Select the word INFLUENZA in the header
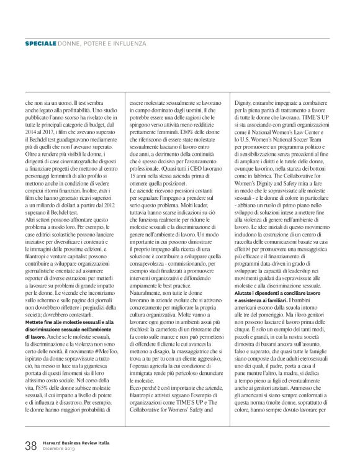(x=128, y=45)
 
